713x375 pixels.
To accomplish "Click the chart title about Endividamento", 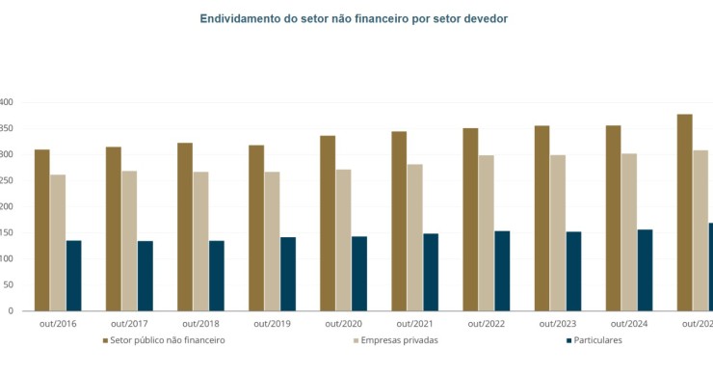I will [x=353, y=18].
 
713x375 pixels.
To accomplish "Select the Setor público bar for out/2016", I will [x=42, y=230].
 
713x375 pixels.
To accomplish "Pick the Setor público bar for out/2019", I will [x=256, y=228].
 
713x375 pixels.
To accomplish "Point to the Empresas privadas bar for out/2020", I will [x=343, y=240].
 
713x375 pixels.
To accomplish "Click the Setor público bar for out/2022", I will [x=470, y=219].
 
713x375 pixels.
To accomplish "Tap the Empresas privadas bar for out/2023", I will [x=557, y=232].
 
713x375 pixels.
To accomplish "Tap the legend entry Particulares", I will [x=597, y=340].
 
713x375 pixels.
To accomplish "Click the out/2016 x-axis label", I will [x=57, y=324].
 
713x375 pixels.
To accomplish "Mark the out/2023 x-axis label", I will [x=557, y=324].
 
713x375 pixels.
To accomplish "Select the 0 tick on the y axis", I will [x=9, y=310].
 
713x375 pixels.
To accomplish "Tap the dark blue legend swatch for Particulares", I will [x=569, y=340].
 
